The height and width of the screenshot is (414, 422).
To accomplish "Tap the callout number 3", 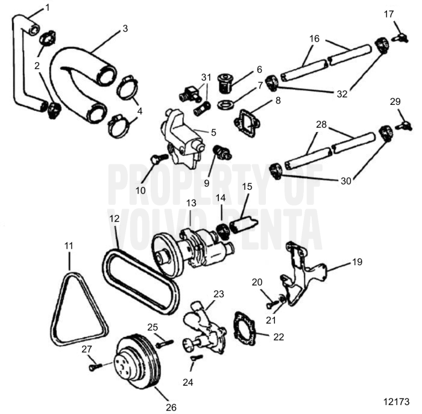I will [x=125, y=28].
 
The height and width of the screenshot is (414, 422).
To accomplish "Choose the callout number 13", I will [x=191, y=204].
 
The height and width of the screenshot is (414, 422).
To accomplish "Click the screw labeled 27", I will [x=93, y=365].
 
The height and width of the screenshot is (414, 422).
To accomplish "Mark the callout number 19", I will [x=357, y=262].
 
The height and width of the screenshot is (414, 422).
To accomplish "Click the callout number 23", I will [x=218, y=294].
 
